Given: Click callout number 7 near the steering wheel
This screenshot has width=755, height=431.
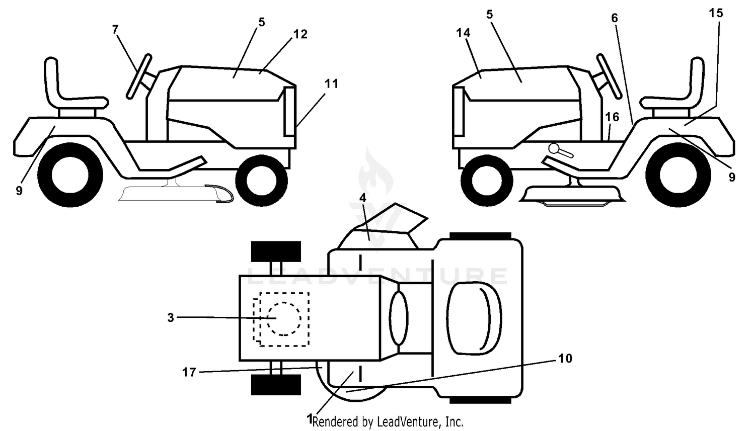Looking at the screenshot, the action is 115,30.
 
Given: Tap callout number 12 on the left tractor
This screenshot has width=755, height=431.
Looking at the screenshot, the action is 300,34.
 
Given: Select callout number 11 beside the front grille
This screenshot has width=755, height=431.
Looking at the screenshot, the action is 331,83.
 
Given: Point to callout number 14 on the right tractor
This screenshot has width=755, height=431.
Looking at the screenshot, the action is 463,33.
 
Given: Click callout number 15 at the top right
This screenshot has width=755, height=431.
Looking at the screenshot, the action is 716,13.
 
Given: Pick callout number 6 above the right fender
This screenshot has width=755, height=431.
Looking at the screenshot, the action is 615,18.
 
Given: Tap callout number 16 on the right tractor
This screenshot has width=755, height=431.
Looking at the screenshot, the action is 612,117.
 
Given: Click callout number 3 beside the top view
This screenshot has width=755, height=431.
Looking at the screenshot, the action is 171,317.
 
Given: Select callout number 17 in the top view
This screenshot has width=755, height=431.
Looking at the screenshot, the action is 189,372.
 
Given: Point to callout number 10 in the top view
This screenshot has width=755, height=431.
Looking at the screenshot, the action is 565,359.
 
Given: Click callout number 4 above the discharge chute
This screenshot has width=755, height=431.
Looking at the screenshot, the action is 363,198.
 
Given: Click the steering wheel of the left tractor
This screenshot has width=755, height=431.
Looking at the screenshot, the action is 138,76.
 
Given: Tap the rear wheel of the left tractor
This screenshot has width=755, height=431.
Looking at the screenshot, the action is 70,175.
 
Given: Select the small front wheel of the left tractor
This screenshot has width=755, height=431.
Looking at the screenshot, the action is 262,181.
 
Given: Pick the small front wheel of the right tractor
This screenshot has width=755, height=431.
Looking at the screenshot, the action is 487,181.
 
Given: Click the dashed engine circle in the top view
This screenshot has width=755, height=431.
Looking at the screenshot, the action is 284,318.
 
